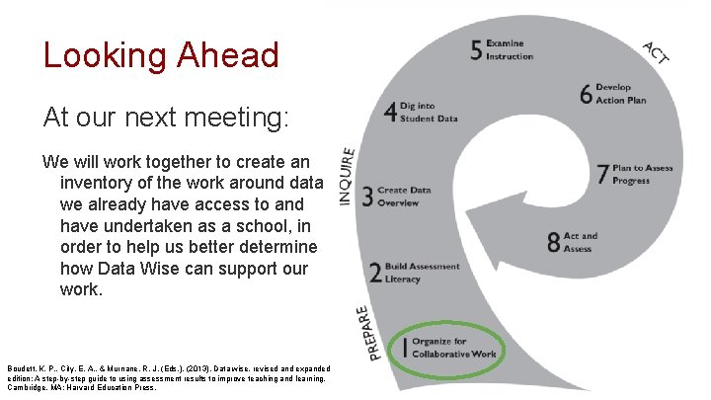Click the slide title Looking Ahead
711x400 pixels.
161,54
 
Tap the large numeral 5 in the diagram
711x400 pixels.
477,50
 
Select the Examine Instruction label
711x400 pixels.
510,50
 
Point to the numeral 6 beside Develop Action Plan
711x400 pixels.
586,94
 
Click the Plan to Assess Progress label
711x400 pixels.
642,175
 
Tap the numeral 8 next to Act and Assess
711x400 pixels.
554,242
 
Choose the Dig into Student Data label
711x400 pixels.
429,114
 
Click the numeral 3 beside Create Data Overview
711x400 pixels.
367,197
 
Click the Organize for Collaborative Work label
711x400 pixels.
452,348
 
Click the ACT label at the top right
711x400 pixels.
656,52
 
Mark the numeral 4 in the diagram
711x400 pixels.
390,113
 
